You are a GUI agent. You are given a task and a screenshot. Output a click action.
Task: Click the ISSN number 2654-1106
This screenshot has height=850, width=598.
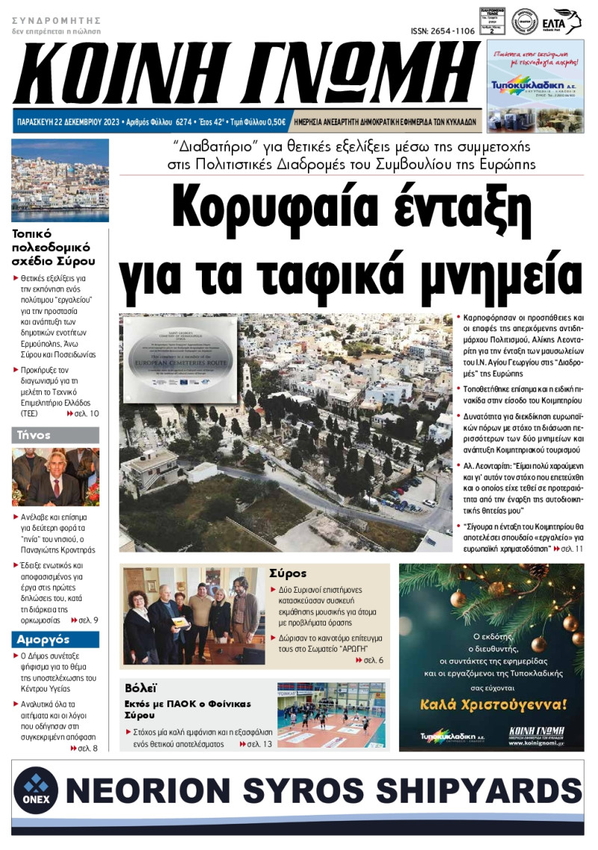443,31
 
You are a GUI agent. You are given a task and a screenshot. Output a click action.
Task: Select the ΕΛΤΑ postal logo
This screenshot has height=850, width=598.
567,21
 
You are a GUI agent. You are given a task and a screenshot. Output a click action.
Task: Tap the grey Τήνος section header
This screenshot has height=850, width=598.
55,435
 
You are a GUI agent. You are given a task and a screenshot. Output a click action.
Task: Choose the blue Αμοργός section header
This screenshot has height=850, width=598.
55,639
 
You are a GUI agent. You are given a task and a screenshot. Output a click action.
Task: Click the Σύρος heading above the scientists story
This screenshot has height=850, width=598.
288,573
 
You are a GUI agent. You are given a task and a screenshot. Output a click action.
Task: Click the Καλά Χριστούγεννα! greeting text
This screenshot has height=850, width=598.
493,703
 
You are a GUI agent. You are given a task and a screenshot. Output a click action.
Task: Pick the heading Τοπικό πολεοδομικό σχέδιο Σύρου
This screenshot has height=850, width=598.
54,247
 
